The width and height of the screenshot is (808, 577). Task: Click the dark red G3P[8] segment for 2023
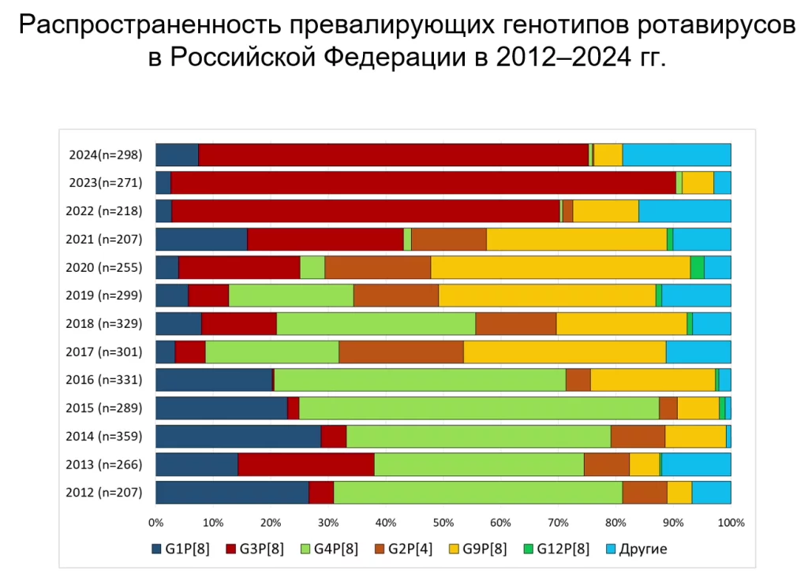click(423, 183)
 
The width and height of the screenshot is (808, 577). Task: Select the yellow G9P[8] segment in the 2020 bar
click(560, 267)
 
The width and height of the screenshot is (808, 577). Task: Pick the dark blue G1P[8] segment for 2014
click(238, 436)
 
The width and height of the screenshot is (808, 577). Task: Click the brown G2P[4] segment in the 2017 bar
click(401, 352)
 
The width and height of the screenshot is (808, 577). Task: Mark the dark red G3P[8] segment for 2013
click(305, 464)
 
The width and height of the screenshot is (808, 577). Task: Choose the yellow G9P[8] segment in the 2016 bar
click(653, 380)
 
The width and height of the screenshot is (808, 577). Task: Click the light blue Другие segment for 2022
click(684, 211)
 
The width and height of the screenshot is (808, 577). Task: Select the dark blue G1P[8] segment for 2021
click(201, 239)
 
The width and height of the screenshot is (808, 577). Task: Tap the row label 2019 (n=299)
click(106, 296)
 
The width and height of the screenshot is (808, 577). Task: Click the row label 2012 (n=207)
click(106, 493)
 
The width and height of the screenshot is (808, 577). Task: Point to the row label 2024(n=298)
click(106, 155)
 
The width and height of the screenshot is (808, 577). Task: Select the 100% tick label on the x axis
click(731, 522)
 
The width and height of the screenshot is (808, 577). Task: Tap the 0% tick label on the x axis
click(155, 522)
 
